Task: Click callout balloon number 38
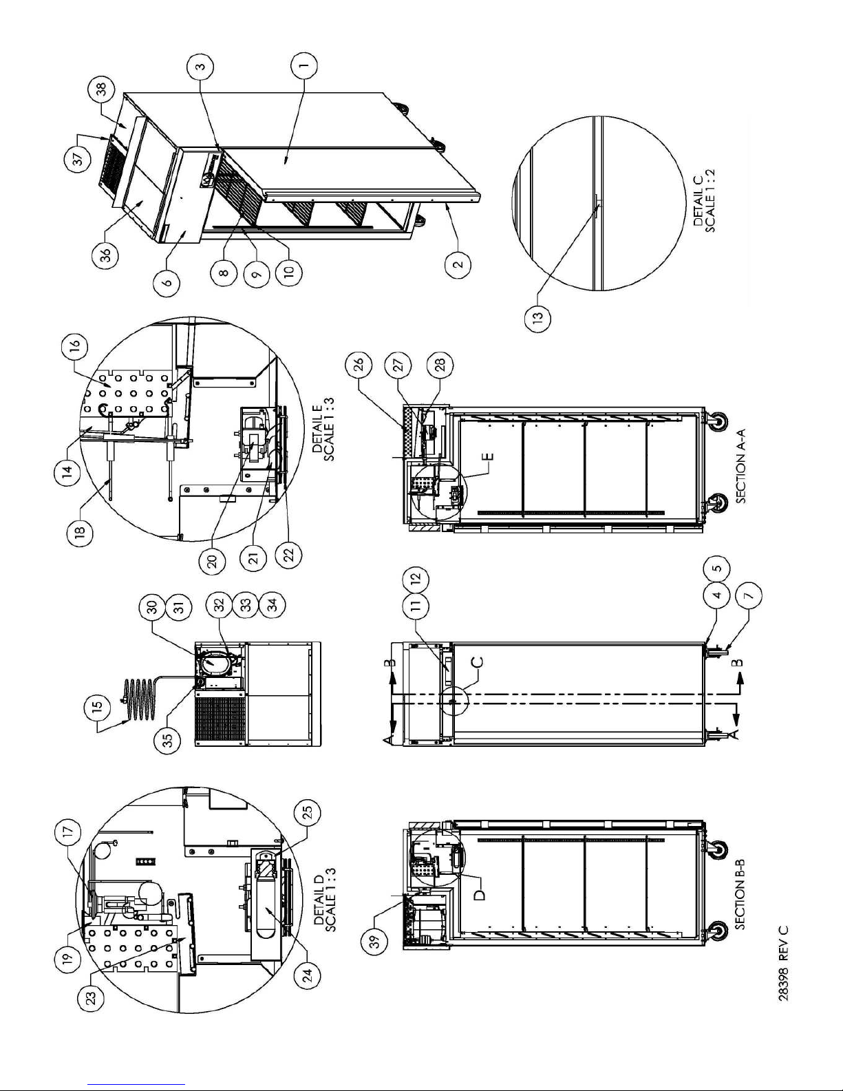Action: pos(101,94)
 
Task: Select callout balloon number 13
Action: pos(537,317)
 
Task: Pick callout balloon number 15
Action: pos(98,705)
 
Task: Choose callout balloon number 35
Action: pos(168,741)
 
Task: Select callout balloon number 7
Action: pos(748,595)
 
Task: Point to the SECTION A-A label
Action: pos(740,465)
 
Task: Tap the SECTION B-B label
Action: pos(740,893)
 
